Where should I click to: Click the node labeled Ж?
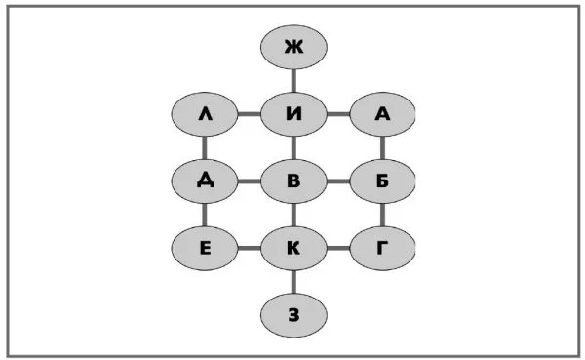tap(293, 47)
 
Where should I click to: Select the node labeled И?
tap(293, 114)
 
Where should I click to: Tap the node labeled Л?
tap(205, 114)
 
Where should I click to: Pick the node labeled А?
tap(382, 114)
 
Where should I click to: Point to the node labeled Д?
tap(205, 181)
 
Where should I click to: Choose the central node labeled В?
tap(293, 181)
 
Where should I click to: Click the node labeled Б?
tap(382, 181)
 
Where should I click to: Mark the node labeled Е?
tap(205, 248)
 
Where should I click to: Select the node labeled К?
tap(293, 248)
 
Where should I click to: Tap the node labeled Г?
tap(382, 248)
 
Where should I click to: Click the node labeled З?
tap(293, 315)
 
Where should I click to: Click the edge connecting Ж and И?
tap(293, 81)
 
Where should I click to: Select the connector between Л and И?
tap(250, 114)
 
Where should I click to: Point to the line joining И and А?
tap(338, 114)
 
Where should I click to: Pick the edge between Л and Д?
tap(205, 147)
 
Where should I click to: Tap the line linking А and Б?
tap(382, 147)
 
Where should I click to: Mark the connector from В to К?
tap(293, 215)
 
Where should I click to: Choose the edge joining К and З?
tap(293, 282)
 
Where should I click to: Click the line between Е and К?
tap(250, 248)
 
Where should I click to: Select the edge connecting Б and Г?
tap(382, 215)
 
